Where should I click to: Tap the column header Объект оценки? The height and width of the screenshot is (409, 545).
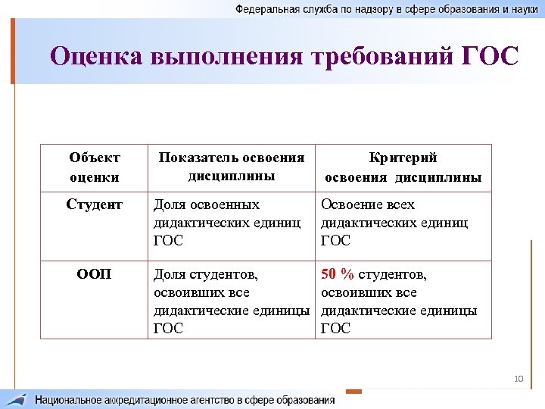click(95, 167)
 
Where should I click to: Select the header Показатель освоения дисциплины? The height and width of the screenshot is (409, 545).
click(231, 167)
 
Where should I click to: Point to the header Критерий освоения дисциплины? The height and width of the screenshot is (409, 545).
click(403, 167)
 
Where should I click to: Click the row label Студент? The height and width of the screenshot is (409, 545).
click(95, 204)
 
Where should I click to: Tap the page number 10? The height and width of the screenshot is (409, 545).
click(519, 378)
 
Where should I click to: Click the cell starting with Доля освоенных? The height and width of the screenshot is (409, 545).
click(228, 222)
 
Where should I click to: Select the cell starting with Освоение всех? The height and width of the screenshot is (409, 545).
click(394, 222)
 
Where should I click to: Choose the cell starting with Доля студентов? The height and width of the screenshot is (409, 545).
click(232, 301)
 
